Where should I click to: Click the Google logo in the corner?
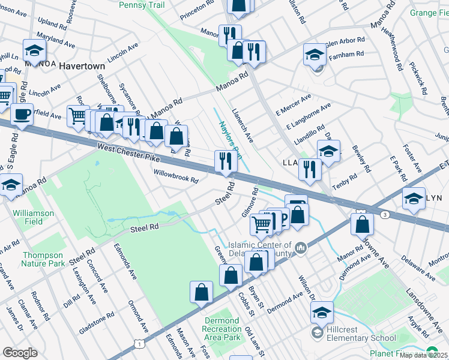(x=20, y=353)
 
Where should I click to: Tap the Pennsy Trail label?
(x=142, y=5)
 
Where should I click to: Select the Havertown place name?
(x=82, y=66)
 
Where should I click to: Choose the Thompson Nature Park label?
(x=43, y=259)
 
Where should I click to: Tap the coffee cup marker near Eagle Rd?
(x=22, y=114)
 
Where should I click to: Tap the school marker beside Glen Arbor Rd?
(x=315, y=55)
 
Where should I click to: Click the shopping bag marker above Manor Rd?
(x=362, y=224)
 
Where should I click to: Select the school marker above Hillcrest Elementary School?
(x=322, y=312)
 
